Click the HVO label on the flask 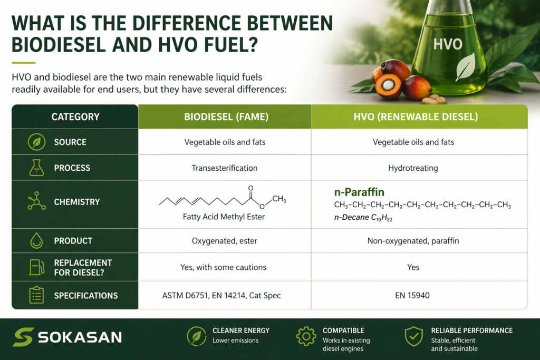pos(448,44)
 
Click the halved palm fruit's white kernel pos(388,84)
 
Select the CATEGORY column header pos(75,116)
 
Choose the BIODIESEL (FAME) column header pos(226,116)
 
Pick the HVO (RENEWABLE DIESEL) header pos(416,116)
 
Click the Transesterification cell pos(225,168)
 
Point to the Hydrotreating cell pos(413,168)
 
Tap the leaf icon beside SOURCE pos(36,142)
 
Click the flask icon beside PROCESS pos(36,168)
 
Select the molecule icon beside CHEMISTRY pos(36,201)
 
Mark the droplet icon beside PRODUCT pos(36,240)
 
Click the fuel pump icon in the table pos(36,267)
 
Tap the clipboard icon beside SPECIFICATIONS pos(36,295)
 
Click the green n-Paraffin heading pos(359,192)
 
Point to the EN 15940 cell pos(412,295)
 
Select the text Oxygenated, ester pos(225,241)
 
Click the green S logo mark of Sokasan pos(23,337)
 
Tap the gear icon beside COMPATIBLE pos(306,336)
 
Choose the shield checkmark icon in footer pos(413,336)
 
